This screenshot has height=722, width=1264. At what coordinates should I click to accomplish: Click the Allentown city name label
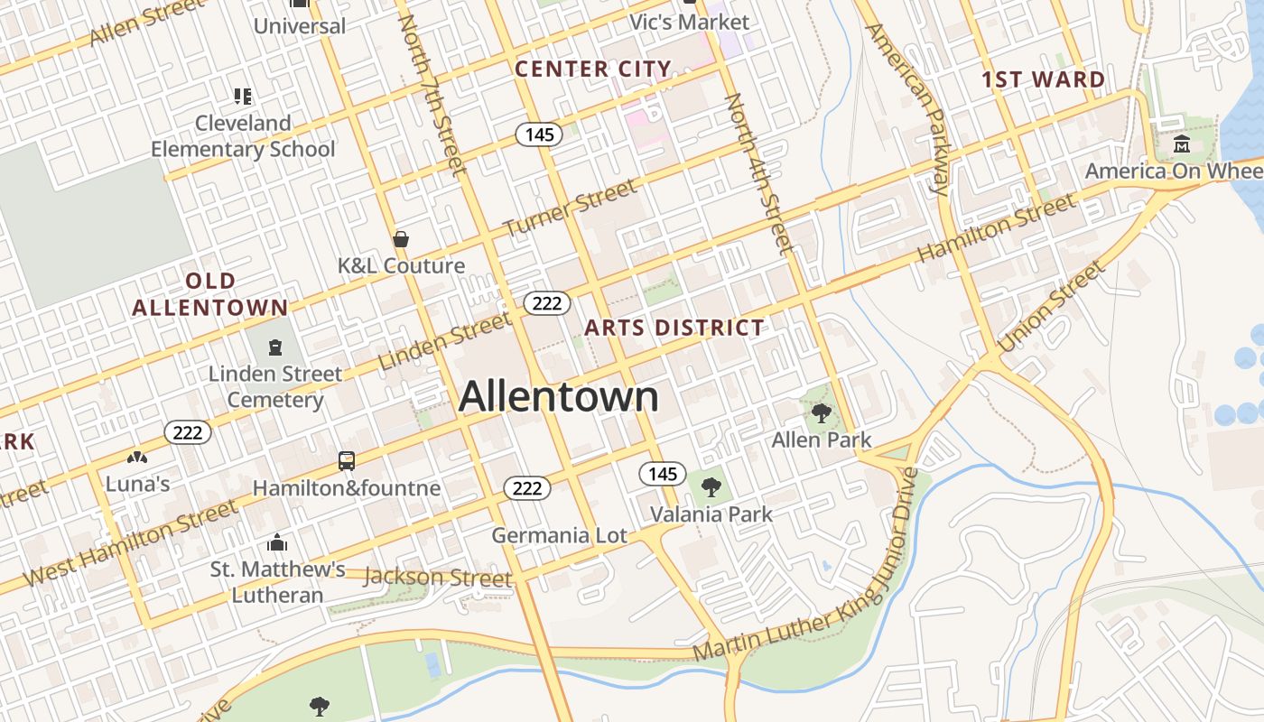click(x=559, y=397)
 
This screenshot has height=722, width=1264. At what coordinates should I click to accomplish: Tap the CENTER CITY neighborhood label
click(x=593, y=69)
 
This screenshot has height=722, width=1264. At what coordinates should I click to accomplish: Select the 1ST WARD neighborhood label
click(x=1043, y=79)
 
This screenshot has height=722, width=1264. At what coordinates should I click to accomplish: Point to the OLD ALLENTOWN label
click(x=209, y=294)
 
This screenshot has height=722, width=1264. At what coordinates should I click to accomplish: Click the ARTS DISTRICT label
click(x=674, y=328)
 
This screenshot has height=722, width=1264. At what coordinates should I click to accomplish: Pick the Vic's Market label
click(x=689, y=22)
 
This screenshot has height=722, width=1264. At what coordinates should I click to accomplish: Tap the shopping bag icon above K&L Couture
click(x=401, y=239)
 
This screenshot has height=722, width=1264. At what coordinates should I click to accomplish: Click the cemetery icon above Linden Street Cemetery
click(x=274, y=347)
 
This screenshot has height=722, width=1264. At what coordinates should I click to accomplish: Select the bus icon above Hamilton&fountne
click(x=347, y=461)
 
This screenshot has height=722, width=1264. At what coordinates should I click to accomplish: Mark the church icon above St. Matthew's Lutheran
click(x=277, y=542)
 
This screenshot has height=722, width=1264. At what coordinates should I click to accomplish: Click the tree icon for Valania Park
click(x=711, y=487)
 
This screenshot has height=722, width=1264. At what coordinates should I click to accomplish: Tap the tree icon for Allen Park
click(x=821, y=413)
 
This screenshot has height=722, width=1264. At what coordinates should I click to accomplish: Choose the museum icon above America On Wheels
click(x=1182, y=144)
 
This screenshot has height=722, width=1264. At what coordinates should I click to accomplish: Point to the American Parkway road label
click(x=907, y=108)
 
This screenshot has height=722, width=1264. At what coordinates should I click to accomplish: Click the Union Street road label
click(x=1050, y=307)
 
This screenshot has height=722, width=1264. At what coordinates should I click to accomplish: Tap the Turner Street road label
click(x=570, y=208)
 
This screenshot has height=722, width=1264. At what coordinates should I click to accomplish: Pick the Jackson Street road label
click(x=438, y=577)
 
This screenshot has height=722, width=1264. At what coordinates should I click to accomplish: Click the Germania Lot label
click(x=559, y=535)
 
